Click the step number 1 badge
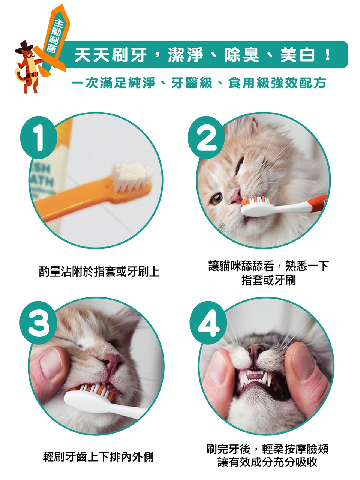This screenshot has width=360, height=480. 39,137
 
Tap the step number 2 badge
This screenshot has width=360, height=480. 206,137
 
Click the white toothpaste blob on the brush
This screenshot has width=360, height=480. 132,173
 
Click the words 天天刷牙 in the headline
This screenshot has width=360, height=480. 110,55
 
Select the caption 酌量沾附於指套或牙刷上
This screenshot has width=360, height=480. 99,272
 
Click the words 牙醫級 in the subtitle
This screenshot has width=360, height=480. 192,83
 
